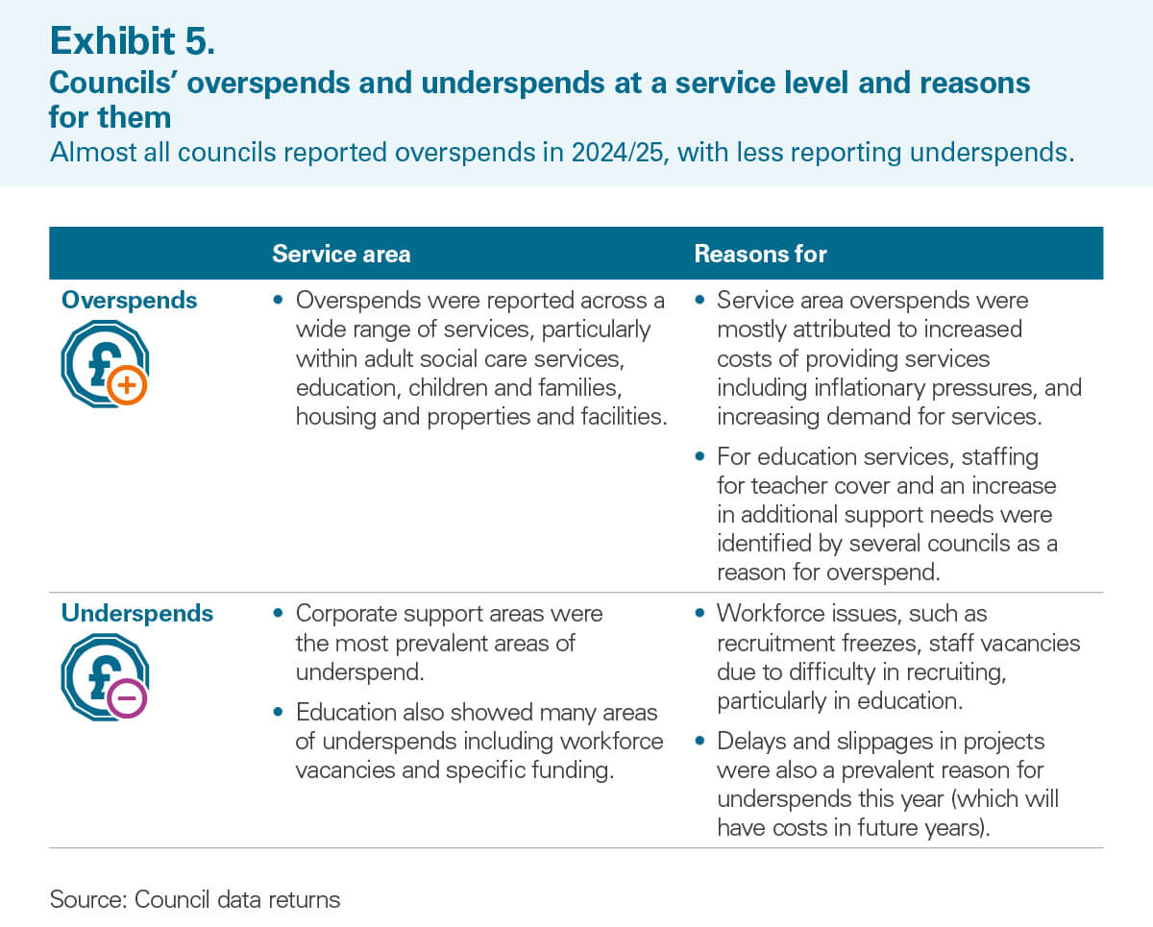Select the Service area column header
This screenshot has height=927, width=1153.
pos(341,254)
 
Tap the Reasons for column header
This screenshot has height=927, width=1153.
pos(760,254)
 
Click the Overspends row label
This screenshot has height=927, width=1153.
pos(129,301)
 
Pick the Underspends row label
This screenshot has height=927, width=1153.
pos(136,613)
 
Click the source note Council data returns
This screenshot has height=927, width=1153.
pos(237,900)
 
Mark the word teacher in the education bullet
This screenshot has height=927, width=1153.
pos(791,485)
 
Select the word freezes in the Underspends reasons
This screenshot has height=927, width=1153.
pos(877,643)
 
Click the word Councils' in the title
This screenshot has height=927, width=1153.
pos(113,84)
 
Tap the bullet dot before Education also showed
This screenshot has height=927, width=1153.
pos(280,713)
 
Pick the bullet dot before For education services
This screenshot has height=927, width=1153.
pos(700,456)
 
